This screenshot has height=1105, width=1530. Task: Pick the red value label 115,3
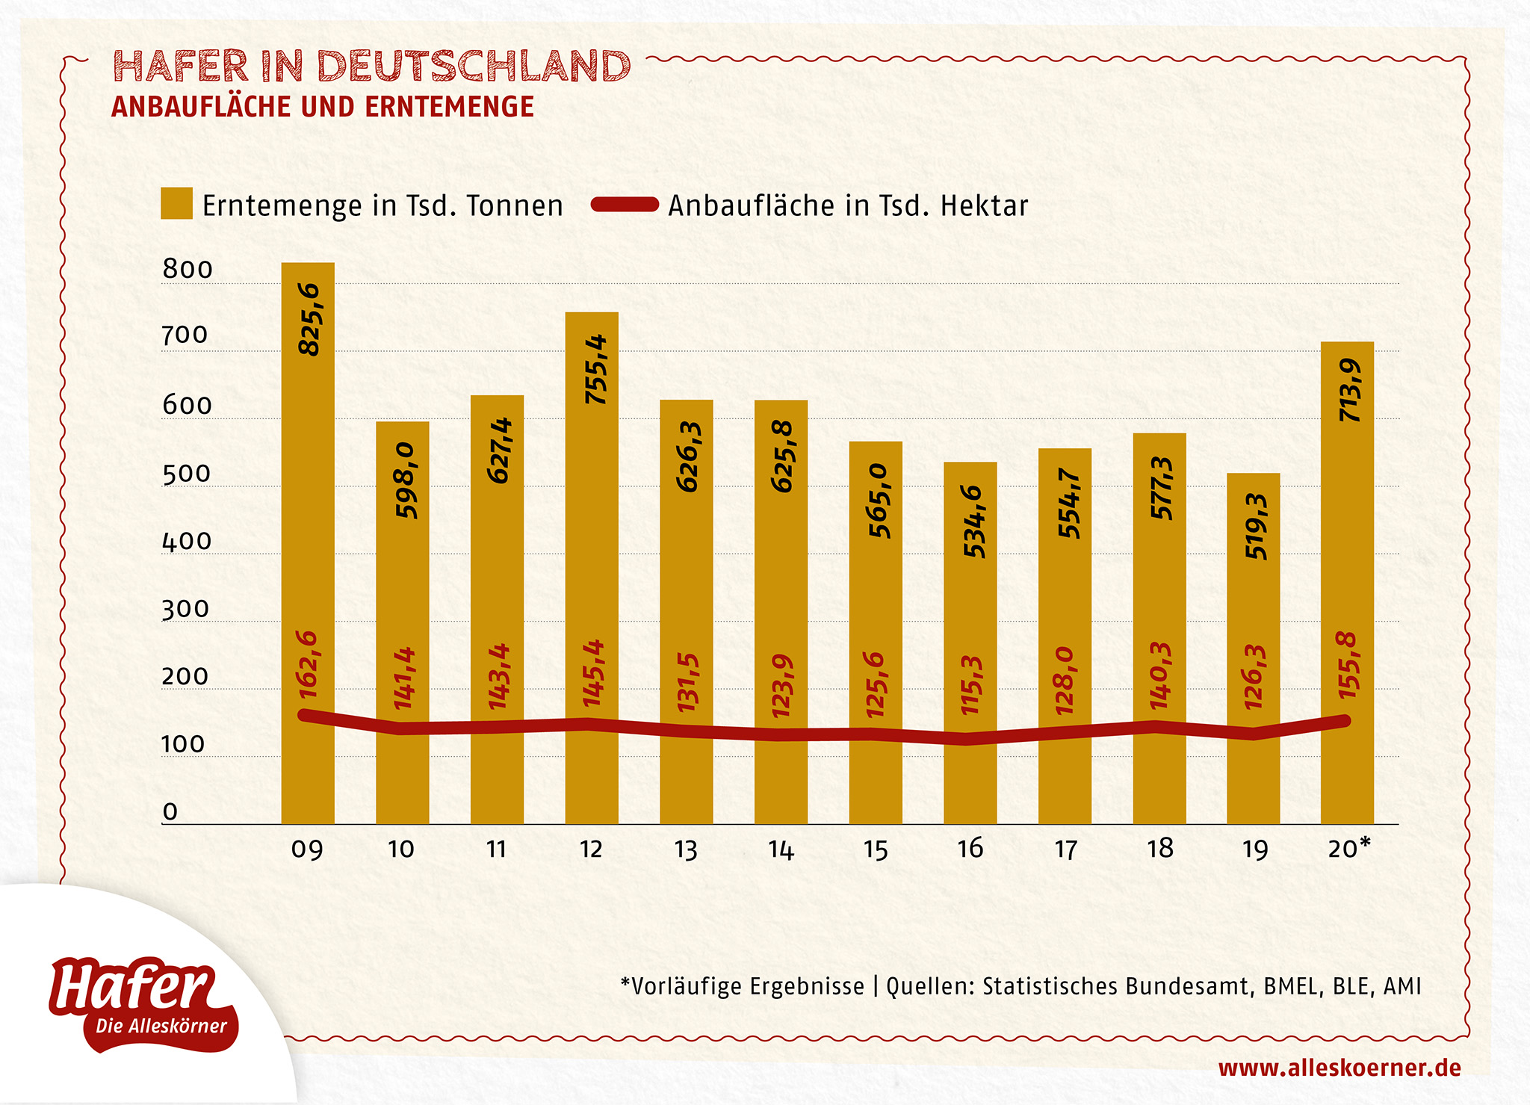(971, 685)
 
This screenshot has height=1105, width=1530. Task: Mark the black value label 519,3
(1256, 526)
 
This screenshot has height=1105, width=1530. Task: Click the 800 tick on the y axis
(188, 270)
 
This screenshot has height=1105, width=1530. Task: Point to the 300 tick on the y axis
(185, 610)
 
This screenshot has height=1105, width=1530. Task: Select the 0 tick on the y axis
(170, 811)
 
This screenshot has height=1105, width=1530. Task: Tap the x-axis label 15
(876, 849)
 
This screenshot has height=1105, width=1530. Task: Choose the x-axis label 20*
(1349, 848)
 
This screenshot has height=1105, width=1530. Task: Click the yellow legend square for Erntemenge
(177, 204)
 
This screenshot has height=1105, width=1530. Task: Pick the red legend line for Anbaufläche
(625, 205)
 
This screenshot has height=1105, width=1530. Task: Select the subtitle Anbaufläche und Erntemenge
(323, 107)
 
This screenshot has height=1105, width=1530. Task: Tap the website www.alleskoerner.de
(1339, 1068)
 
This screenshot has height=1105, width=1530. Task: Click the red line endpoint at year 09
(305, 716)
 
